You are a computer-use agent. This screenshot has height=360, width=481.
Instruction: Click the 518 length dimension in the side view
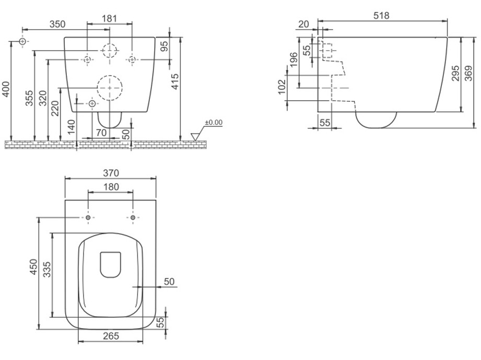[x=381, y=15]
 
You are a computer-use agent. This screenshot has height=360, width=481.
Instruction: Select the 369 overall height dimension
[x=469, y=73]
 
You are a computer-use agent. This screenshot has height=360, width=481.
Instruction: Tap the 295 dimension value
[x=455, y=73]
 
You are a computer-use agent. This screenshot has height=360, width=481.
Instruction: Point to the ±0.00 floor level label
[x=214, y=123]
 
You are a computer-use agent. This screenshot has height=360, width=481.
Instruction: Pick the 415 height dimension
[x=175, y=81]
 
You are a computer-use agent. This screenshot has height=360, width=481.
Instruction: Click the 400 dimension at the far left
[x=6, y=89]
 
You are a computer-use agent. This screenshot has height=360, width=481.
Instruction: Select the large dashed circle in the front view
[x=110, y=88]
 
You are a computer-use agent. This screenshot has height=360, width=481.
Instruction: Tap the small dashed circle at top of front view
[x=110, y=50]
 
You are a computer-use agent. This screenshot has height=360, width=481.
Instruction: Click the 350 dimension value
[x=57, y=24]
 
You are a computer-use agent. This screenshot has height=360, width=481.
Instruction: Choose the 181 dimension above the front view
[x=110, y=19]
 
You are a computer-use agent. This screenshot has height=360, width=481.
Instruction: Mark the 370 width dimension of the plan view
[x=111, y=173]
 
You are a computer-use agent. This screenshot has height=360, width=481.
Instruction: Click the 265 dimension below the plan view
[x=111, y=336]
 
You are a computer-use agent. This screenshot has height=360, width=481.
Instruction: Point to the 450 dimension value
[x=33, y=267]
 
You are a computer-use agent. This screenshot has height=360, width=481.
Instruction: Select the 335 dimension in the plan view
[x=47, y=269]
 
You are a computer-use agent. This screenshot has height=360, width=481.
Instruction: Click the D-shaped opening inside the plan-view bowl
[x=110, y=265]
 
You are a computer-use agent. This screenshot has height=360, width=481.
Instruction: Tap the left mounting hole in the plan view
[x=88, y=218]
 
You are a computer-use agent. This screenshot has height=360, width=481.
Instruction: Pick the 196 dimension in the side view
[x=294, y=60]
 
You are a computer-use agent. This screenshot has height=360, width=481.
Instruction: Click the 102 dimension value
[x=281, y=87]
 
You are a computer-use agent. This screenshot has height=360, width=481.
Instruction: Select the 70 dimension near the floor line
[x=101, y=133]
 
